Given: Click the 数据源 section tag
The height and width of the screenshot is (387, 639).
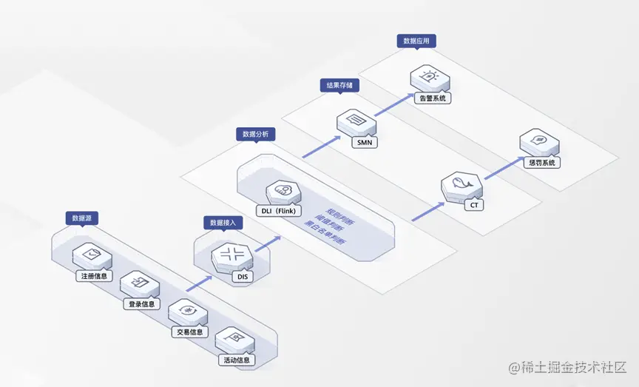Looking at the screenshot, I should tap(82, 218).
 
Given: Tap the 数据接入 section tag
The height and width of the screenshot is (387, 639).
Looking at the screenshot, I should tap(223, 222).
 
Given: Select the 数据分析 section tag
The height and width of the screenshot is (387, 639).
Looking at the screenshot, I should tap(256, 134).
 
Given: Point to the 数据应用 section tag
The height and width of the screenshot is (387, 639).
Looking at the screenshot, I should tap(416, 41).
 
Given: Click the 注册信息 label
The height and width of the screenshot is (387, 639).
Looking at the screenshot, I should tap(94, 277).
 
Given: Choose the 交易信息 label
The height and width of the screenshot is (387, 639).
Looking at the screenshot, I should tap(189, 332).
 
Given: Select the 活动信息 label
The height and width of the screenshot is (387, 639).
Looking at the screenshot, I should tap(237, 360).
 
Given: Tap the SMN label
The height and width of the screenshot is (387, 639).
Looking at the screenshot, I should tap(364, 141).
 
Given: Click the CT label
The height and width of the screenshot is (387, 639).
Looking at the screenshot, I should tap(473, 206).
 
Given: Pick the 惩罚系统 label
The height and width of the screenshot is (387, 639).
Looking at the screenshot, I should tap(542, 162).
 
